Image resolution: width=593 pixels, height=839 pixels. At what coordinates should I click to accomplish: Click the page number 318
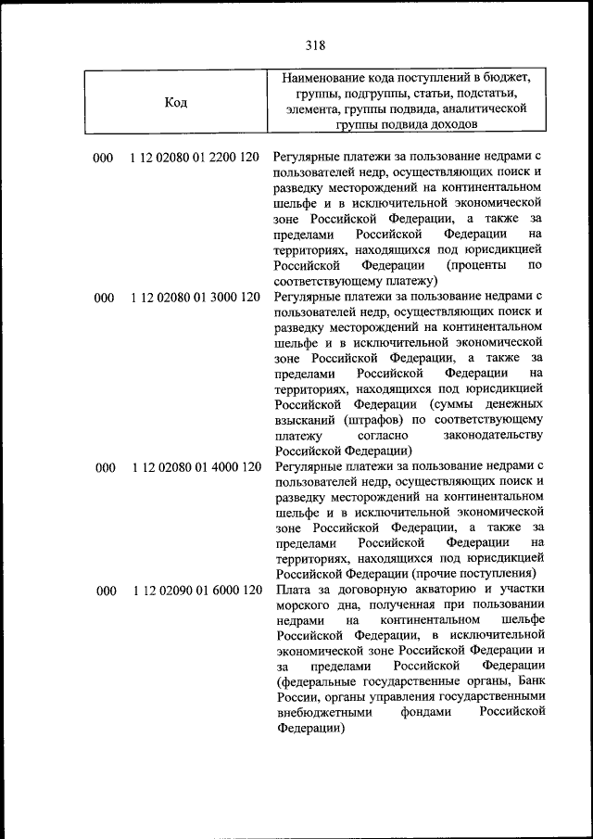(314, 44)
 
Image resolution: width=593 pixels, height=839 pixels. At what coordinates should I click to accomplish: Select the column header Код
(176, 102)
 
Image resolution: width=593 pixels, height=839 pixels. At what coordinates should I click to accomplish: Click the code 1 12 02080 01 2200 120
(196, 159)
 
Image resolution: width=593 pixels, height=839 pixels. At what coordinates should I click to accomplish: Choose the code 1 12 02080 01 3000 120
(196, 298)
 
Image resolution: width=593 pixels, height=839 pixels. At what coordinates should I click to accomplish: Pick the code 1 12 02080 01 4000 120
(196, 467)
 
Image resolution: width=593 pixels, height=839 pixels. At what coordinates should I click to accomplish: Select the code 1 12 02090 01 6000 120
(196, 591)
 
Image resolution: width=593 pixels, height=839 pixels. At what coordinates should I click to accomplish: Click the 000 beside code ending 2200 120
(104, 159)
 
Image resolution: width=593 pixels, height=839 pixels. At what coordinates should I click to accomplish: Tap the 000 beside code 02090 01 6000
(104, 591)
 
